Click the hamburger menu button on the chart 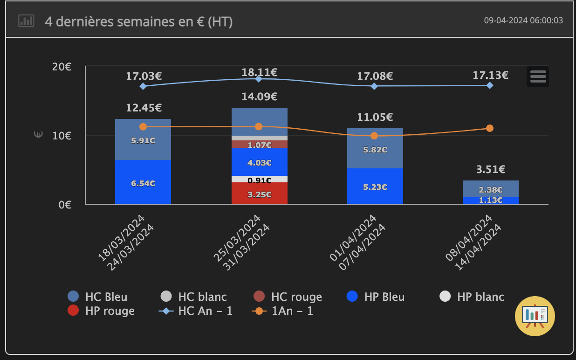[538, 76]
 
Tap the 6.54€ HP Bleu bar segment [143, 182]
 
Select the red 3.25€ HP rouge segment [260, 194]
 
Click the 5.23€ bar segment [375, 186]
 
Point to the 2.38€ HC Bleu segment [491, 189]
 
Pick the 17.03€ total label [144, 76]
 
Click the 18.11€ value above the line [259, 72]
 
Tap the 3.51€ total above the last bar [491, 169]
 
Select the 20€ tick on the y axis [62, 67]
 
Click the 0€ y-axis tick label [65, 204]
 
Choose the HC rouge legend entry [288, 297]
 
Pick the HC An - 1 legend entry [196, 311]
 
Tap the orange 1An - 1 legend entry [282, 311]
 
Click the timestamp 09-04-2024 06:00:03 [523, 21]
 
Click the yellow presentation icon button [535, 316]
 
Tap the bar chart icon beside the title [26, 21]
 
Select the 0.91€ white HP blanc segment [260, 180]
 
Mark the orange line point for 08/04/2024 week [490, 128]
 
